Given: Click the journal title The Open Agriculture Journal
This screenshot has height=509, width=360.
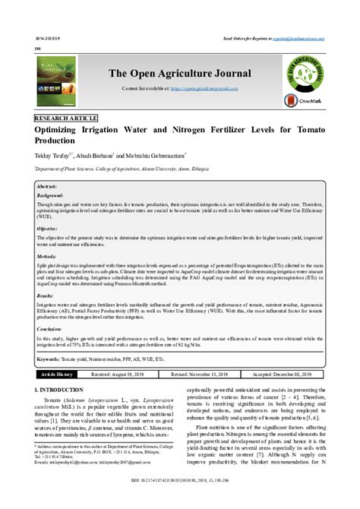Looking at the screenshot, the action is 179,74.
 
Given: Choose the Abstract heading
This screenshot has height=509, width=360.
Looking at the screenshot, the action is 48,185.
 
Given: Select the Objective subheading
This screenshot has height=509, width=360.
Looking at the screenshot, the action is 48,228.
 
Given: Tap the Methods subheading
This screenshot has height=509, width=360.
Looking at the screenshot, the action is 47,258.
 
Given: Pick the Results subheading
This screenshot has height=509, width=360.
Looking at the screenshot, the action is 46,296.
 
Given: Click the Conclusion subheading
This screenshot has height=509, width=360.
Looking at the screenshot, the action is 50,328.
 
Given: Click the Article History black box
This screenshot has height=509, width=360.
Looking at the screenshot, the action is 58,375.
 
